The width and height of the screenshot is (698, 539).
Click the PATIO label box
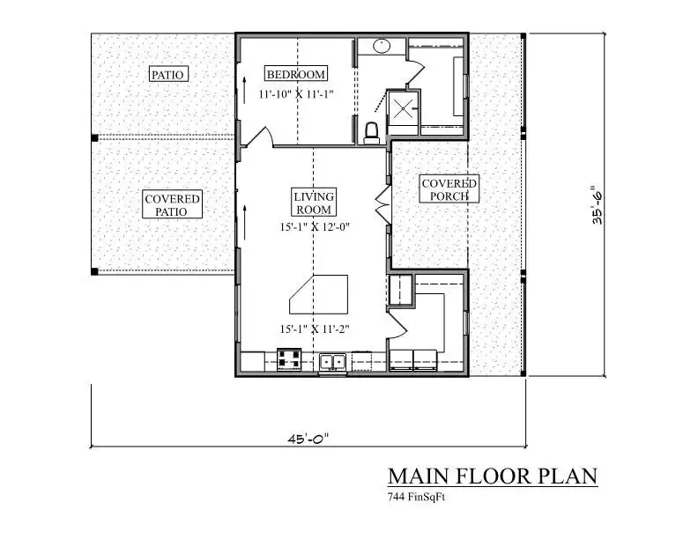[x=168, y=74]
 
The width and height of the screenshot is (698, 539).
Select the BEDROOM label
[x=296, y=73]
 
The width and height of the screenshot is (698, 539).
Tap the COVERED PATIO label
[x=172, y=204]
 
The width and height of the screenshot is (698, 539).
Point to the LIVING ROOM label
[x=314, y=203]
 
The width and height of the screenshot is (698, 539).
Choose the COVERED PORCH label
[x=449, y=189]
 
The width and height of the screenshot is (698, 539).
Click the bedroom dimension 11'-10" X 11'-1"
[x=296, y=94]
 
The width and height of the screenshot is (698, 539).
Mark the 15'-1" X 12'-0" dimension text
[x=315, y=227]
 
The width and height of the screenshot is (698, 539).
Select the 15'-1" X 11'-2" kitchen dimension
[x=315, y=329]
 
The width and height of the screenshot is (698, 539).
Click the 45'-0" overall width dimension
[x=308, y=439]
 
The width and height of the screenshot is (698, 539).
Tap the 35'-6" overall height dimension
[x=597, y=204]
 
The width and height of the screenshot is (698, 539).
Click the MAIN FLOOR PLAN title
[x=493, y=476]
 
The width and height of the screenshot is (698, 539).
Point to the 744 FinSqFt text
[x=416, y=497]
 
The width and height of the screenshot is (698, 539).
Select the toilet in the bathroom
[x=372, y=133]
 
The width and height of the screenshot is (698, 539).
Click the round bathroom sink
[x=382, y=46]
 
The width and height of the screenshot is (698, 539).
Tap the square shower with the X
[x=403, y=108]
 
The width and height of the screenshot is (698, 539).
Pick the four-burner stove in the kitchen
[x=289, y=359]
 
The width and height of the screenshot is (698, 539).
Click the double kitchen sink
[x=332, y=362]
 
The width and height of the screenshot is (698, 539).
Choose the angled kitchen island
[x=319, y=294]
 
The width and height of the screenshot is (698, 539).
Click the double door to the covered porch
[x=383, y=204]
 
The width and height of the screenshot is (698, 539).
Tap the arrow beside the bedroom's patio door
[x=244, y=91]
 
